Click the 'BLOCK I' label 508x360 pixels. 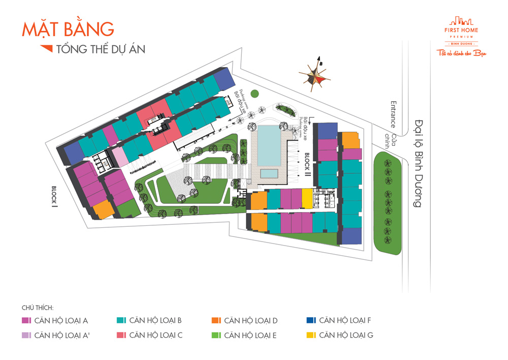click(x=54, y=196)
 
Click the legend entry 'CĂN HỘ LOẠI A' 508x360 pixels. click(x=55, y=320)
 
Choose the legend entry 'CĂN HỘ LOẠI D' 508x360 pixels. click(x=244, y=320)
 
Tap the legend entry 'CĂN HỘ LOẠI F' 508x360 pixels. click(x=339, y=320)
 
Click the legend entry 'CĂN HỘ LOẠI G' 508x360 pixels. click(x=340, y=335)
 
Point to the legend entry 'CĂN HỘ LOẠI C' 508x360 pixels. click(x=149, y=335)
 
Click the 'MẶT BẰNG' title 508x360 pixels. click(x=68, y=29)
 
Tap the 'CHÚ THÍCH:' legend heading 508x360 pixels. click(x=38, y=308)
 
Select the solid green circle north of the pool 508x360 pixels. click(x=254, y=94)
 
